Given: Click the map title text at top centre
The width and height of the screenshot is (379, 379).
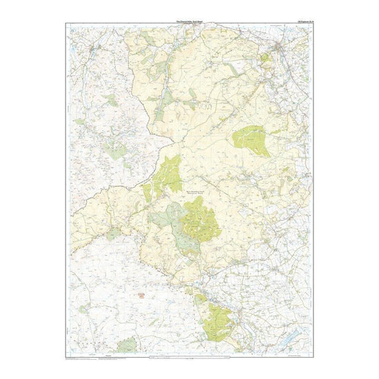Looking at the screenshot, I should [189, 21].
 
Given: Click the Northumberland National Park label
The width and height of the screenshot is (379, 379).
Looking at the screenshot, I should [191, 194].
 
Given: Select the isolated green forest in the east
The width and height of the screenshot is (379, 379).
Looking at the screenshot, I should [251, 140].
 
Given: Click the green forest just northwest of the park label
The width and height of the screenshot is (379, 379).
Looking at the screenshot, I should [169, 172].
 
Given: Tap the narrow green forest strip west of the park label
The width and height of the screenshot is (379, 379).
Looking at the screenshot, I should [147, 193].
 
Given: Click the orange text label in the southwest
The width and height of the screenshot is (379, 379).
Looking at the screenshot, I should [143, 295].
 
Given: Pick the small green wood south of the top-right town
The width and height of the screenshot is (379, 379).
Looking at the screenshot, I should [266, 59].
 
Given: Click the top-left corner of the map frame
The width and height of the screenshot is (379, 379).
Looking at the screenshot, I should [68, 25].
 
